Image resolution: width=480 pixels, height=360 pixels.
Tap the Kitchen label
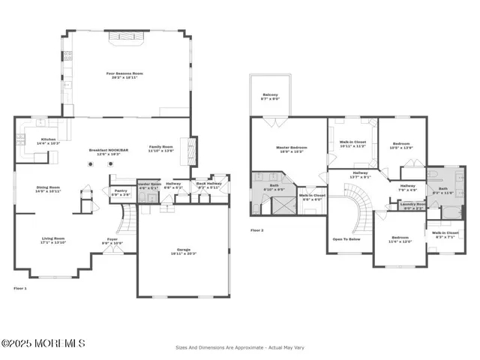[49, 141]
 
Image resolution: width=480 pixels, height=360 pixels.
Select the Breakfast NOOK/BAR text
[105, 151]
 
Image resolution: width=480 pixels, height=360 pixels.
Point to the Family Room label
[161, 148]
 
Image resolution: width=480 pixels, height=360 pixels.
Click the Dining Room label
[49, 189]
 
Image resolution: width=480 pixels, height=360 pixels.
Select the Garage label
[182, 253]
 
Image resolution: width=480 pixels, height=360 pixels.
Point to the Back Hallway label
[207, 184]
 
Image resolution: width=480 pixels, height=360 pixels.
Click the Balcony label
[270, 96]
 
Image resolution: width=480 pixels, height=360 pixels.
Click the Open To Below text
[347, 240]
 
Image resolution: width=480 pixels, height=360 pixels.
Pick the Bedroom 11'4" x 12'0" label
[399, 240]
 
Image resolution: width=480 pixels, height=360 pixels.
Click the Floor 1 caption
[20, 288]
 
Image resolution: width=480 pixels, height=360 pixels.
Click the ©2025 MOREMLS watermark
[43, 343]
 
